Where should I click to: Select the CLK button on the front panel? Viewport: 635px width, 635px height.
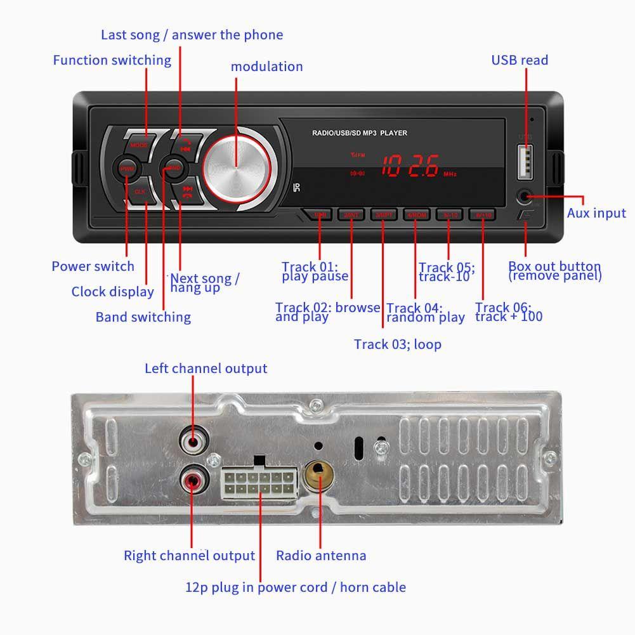pos(140,191)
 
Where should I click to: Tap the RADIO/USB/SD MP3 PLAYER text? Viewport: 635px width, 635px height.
pos(359,133)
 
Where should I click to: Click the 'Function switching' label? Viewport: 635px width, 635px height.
pos(112,60)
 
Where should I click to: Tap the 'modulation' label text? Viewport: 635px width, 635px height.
pos(266,67)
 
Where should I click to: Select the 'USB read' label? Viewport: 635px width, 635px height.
pos(520,60)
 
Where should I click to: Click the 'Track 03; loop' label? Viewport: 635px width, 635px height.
pos(398,344)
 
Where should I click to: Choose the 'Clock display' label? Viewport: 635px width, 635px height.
pos(112,292)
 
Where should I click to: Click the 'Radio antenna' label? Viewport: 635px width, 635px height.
pos(321,556)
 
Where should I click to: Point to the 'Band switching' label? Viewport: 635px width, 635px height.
pos(143,317)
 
